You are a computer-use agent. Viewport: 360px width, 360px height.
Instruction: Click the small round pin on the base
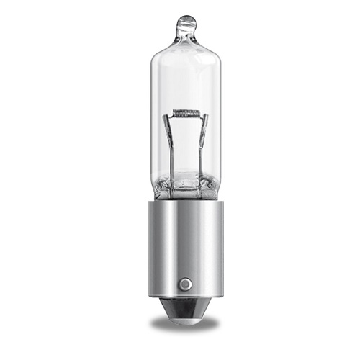click(185, 284)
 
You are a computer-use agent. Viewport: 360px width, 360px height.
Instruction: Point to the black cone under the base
click(185, 309)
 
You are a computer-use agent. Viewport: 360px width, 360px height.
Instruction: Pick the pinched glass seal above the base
click(185, 189)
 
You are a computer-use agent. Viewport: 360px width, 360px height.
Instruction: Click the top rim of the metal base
click(185, 202)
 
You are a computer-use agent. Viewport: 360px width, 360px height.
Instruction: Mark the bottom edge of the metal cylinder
click(185, 297)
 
